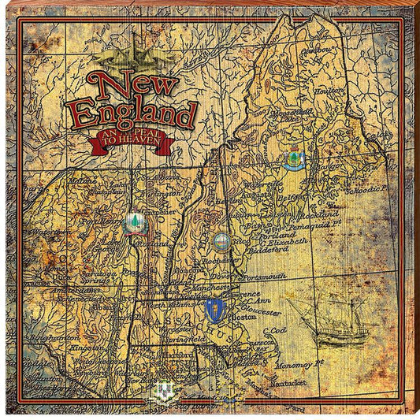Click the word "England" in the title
point(132,113)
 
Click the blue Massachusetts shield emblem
point(212,308)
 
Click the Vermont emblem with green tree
point(132,222)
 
